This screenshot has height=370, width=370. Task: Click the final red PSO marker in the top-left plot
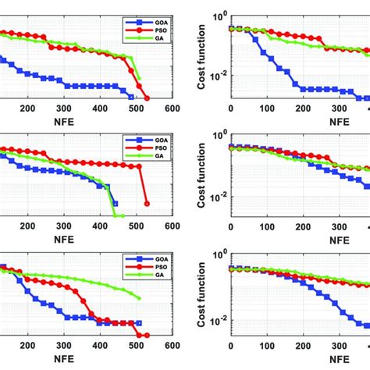tap(147, 98)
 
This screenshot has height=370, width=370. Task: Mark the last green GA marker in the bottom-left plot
tap(140, 298)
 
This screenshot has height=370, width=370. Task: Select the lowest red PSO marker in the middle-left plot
tap(147, 205)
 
